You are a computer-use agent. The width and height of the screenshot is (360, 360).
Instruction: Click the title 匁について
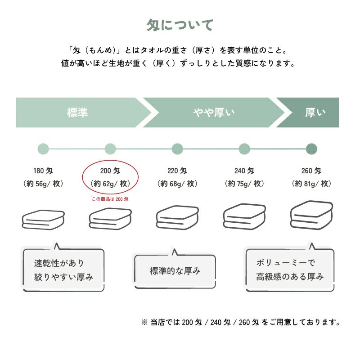click(x=180, y=25)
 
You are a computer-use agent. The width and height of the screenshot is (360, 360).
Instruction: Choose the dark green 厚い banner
click(x=315, y=112)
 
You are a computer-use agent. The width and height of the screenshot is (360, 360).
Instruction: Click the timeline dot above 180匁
click(x=43, y=148)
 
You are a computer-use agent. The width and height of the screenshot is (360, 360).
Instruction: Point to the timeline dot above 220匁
click(x=177, y=148)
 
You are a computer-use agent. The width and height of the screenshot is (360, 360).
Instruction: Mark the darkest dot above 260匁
click(x=311, y=148)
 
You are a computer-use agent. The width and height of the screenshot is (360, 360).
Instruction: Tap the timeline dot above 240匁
click(x=244, y=148)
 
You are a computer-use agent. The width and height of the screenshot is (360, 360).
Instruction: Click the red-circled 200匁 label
click(x=110, y=171)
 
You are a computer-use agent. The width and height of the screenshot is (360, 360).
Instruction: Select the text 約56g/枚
click(x=43, y=184)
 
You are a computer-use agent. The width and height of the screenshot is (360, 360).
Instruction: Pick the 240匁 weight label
click(x=244, y=171)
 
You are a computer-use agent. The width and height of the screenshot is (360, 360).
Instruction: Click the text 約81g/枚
click(x=311, y=184)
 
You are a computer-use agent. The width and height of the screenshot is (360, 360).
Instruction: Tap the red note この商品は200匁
click(x=110, y=199)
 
